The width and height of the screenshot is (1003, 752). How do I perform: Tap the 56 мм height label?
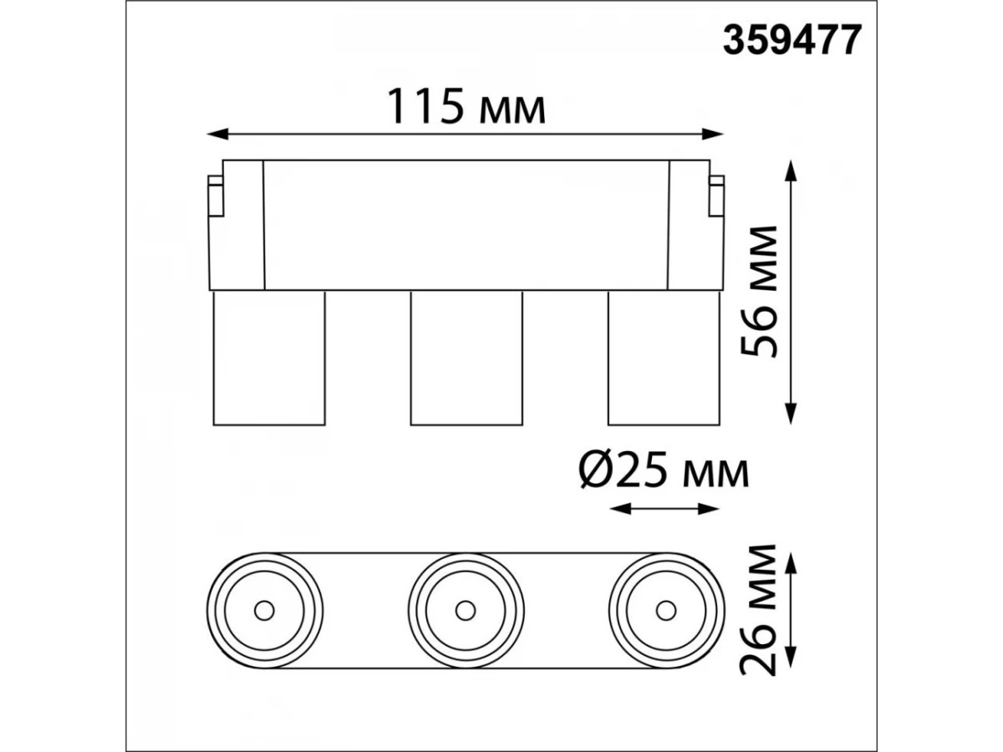coord(759,292)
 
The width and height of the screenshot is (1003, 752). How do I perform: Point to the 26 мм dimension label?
coord(759,609)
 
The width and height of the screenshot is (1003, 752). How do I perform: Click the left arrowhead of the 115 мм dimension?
coord(217,135)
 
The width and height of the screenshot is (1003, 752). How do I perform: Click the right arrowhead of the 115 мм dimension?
coord(713,135)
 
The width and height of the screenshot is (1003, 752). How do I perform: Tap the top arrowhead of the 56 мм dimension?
coord(791,170)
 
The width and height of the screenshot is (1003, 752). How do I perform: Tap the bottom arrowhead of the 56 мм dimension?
coord(791,414)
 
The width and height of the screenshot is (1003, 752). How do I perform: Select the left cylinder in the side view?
coord(269,358)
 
